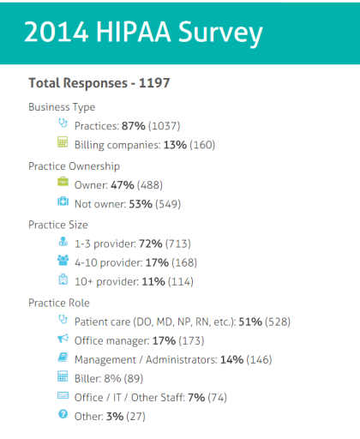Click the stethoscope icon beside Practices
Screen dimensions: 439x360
point(62,124)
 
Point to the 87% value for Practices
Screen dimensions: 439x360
point(135,125)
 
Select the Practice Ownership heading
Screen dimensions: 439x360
point(74,165)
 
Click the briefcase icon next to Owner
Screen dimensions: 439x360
point(62,183)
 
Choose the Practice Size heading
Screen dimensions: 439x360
point(58,225)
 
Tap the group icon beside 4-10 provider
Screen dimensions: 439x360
point(62,261)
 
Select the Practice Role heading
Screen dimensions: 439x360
point(59,303)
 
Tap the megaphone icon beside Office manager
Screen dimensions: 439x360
point(62,340)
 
